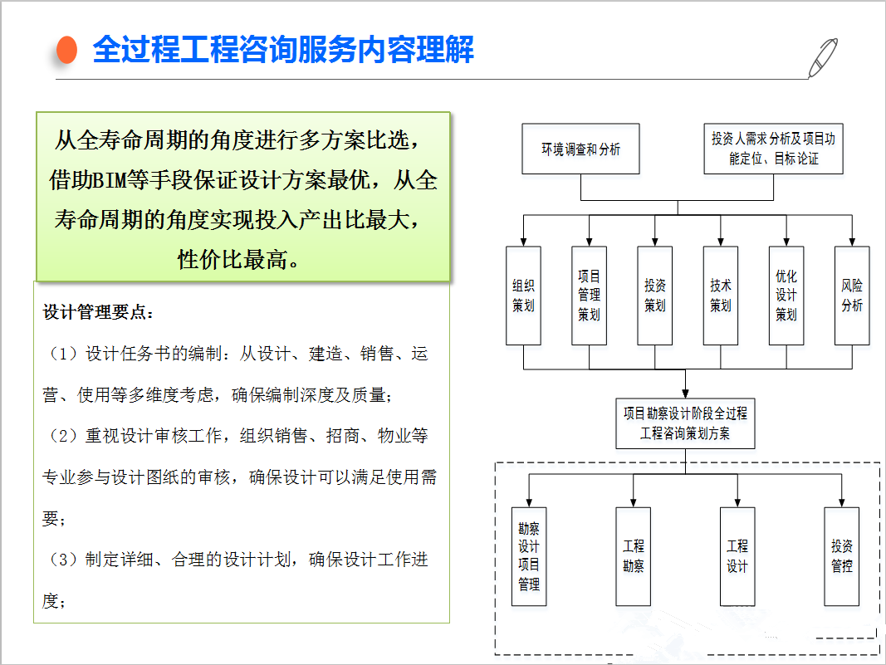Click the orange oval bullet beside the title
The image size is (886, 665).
[66, 50]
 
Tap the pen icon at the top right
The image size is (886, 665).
[823, 57]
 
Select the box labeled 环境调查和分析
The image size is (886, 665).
[581, 149]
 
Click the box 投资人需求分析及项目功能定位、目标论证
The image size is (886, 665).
[774, 149]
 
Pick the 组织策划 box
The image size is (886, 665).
[523, 296]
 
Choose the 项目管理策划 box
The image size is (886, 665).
[590, 296]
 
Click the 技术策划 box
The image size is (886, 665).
[721, 296]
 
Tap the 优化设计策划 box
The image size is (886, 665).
[786, 296]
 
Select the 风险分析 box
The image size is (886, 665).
[852, 296]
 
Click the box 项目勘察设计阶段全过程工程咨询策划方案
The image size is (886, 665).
[685, 423]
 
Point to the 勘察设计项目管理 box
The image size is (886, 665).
[529, 556]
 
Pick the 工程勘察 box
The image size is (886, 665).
[634, 556]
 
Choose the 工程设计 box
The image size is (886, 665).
[737, 556]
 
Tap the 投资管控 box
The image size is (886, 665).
[842, 556]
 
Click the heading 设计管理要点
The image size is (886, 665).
[98, 312]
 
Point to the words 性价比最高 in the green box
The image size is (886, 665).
[233, 259]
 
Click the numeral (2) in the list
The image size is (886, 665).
[63, 436]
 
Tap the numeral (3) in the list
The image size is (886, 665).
[63, 560]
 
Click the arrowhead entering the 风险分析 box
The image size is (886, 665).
[852, 242]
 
